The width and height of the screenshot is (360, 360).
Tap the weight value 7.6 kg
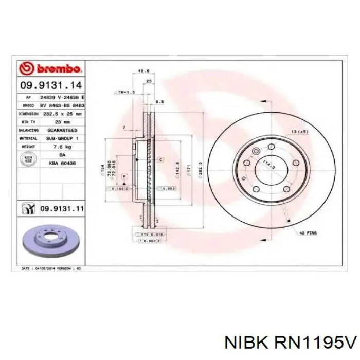tap(62, 146)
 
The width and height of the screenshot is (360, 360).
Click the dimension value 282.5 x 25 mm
tap(62, 113)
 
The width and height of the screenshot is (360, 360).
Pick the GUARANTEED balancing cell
tap(62, 130)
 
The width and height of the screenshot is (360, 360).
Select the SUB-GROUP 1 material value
tap(62, 138)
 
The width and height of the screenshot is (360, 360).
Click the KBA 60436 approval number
tap(62, 163)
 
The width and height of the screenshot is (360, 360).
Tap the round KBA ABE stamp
tap(29, 159)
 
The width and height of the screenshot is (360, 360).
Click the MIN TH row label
tap(29, 122)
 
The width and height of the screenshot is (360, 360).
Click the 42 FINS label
tap(309, 233)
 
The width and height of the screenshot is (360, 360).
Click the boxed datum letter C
tap(161, 160)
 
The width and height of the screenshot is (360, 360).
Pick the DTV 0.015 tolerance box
tap(149, 235)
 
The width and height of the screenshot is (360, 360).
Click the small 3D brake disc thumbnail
tap(50, 240)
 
